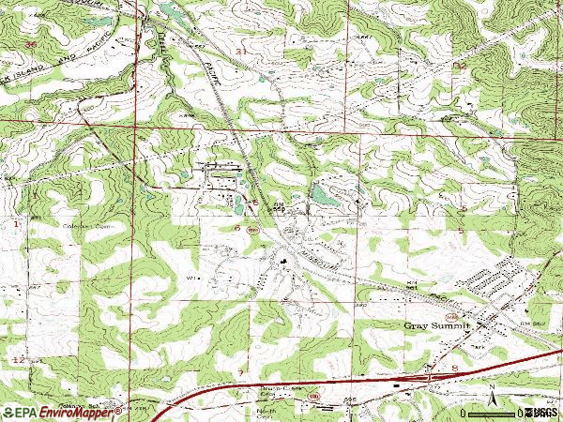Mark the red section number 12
[18, 360]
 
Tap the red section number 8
[454, 369]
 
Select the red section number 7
[240, 373]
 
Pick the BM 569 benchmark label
[279, 207]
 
